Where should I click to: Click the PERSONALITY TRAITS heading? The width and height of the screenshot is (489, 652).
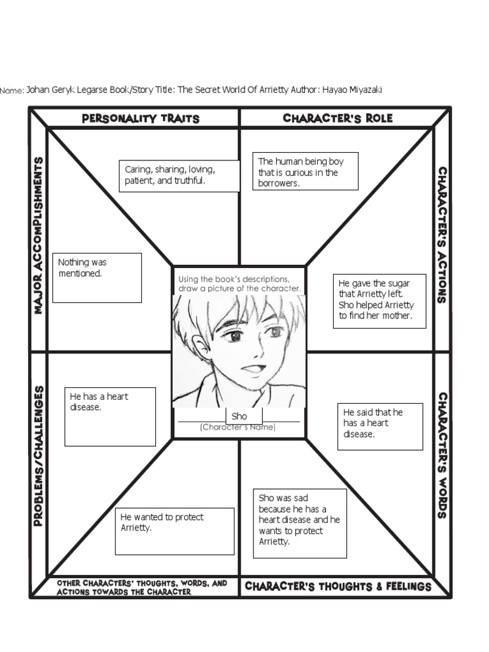click(x=141, y=118)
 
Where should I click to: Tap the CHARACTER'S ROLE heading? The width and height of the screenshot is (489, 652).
click(x=337, y=118)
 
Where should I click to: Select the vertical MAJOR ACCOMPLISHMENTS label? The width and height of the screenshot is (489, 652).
click(x=38, y=236)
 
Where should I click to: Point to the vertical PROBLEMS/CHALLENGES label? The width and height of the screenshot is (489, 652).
click(x=38, y=456)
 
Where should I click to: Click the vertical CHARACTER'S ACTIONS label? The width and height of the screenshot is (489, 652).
click(x=443, y=236)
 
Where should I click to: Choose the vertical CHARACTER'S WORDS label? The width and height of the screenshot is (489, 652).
click(x=443, y=455)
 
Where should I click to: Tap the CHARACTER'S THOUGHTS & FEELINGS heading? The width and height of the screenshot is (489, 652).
click(x=338, y=586)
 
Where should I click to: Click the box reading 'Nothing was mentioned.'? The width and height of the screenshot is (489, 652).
click(x=97, y=278)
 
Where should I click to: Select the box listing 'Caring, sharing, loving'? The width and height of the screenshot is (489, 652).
click(x=179, y=176)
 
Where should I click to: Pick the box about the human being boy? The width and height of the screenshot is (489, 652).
click(x=305, y=171)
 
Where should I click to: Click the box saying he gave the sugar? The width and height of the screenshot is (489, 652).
click(x=379, y=301)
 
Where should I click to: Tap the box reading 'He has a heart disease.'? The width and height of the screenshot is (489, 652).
click(x=110, y=416)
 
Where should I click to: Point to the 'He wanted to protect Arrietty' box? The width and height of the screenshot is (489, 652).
click(x=174, y=532)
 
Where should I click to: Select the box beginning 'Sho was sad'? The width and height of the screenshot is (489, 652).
click(x=300, y=523)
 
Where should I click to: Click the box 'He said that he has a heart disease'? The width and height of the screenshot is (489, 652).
click(x=380, y=427)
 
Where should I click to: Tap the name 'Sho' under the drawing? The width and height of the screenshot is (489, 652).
click(x=239, y=416)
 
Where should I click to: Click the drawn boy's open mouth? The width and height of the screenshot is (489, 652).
click(x=252, y=369)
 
